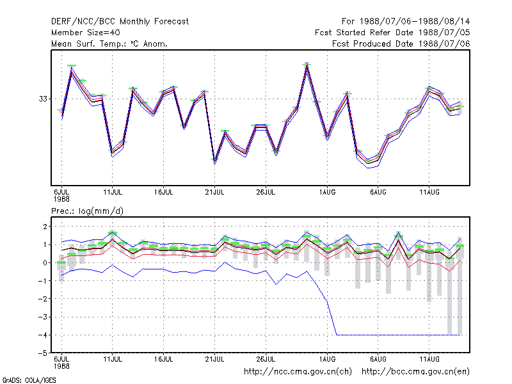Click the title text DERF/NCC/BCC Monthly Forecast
click(120, 22)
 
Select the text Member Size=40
click(86, 33)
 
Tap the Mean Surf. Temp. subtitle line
click(109, 44)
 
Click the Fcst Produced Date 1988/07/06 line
click(401, 44)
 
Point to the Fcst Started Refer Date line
click(392, 33)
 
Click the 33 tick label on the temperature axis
click(43, 99)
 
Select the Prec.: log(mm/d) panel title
click(87, 211)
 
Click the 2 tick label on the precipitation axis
click(45, 227)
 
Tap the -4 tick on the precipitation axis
click(43, 335)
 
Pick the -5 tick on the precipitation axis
click(43, 353)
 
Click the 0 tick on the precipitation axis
click(45, 262)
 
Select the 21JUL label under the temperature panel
click(214, 192)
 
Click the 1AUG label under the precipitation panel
click(327, 359)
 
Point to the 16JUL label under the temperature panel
click(164, 192)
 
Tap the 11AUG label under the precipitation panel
click(429, 359)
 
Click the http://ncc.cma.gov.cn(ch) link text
click(298, 372)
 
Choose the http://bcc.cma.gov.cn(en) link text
click(415, 372)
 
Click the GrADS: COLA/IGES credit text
click(29, 380)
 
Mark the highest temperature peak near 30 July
click(307, 65)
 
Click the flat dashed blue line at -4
click(398, 335)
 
